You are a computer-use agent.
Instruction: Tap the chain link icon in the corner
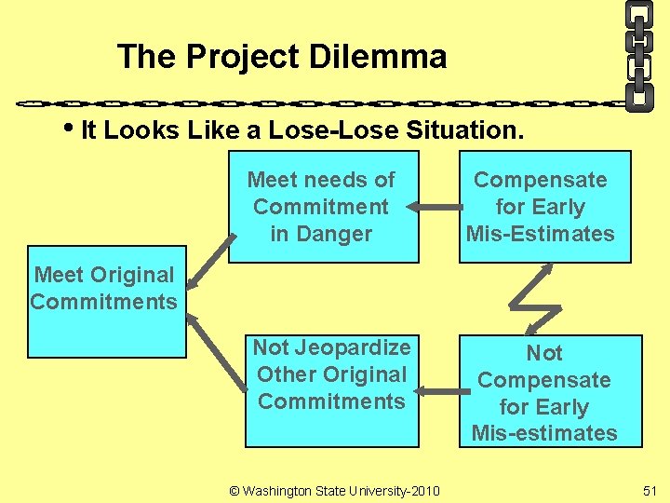tap(638, 54)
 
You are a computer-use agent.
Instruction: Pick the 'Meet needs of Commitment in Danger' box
tap(321, 207)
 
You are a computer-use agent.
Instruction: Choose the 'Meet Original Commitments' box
tap(104, 300)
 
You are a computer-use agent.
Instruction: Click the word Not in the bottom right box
tap(544, 353)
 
